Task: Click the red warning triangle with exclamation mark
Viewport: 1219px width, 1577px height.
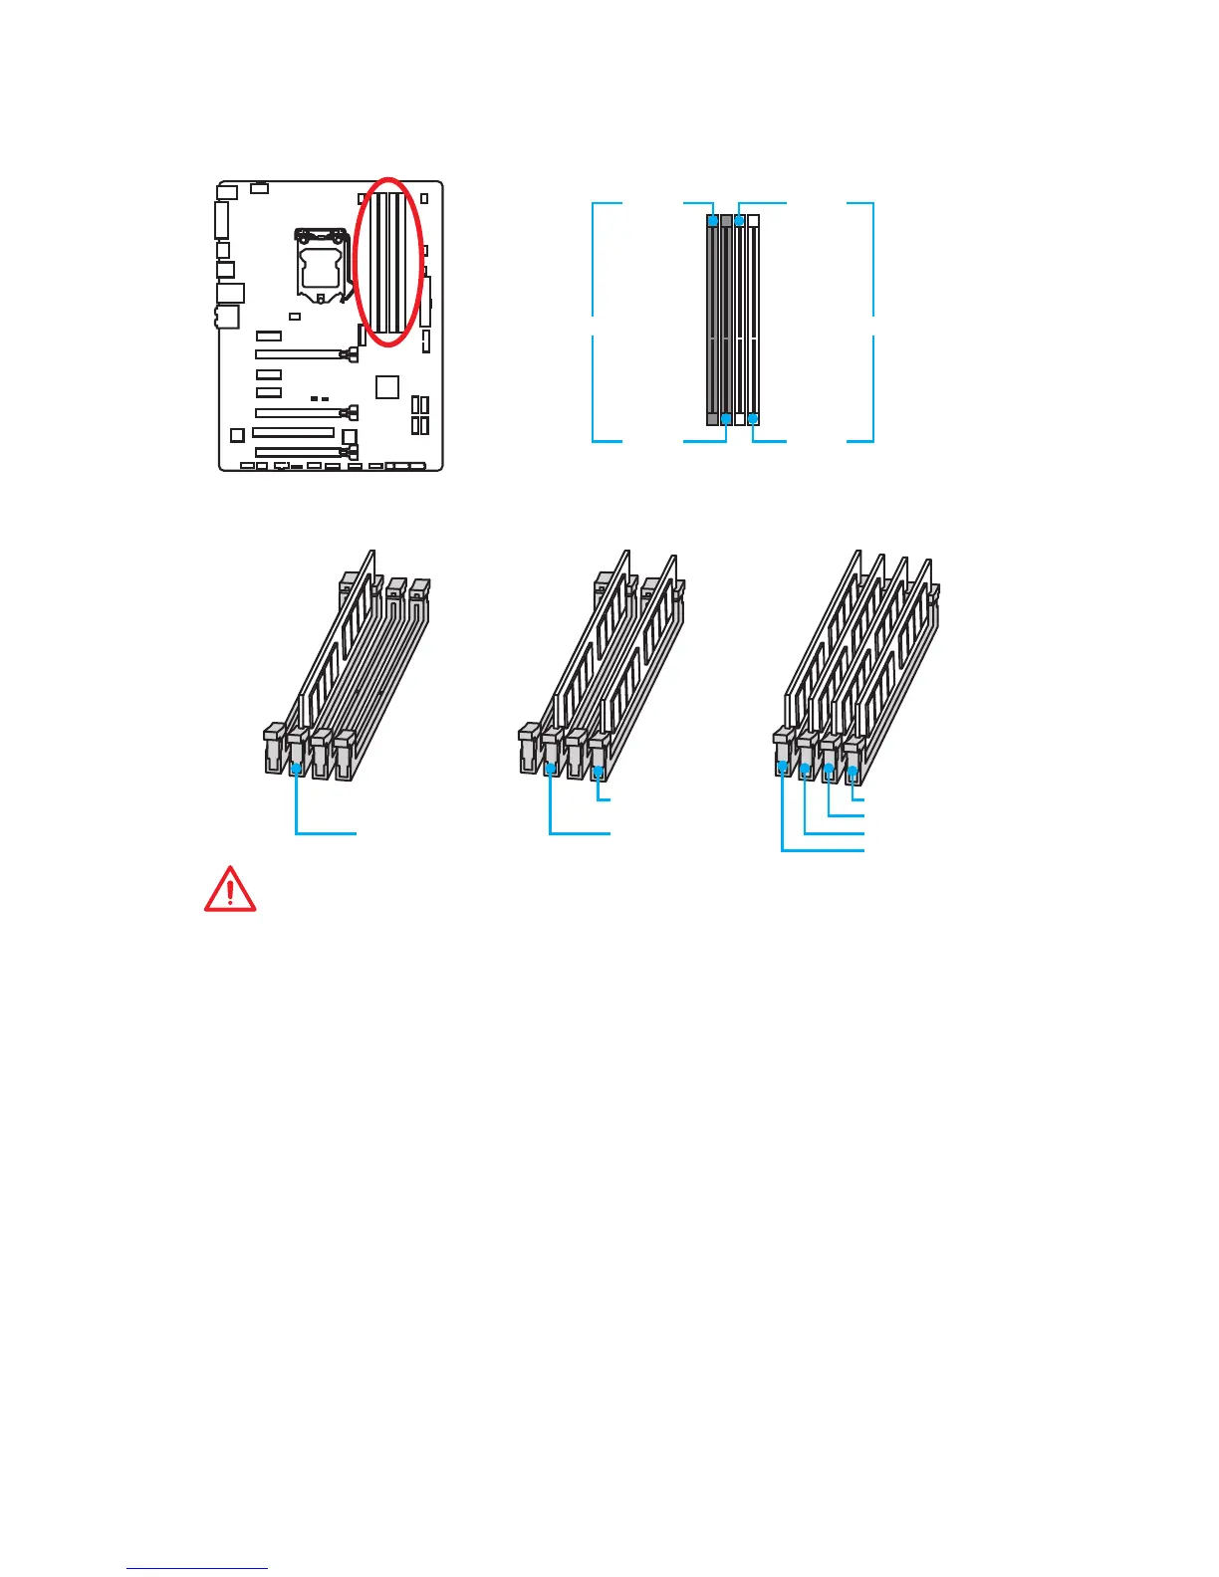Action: (x=230, y=890)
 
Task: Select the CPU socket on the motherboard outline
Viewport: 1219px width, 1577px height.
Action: (x=321, y=263)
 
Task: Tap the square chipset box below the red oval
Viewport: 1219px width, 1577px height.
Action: (x=387, y=386)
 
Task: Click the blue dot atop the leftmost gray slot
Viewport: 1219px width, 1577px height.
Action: (x=713, y=220)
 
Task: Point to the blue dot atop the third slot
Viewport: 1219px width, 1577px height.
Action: (x=739, y=220)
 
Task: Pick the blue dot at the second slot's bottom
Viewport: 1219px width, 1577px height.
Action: (x=726, y=419)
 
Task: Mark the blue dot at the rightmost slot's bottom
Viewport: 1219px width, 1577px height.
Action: (x=753, y=419)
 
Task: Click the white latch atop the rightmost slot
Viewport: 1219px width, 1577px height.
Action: (x=753, y=220)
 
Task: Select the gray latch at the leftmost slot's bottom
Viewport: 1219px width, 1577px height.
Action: (x=713, y=419)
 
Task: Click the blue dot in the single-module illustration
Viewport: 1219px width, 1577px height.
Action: (x=296, y=769)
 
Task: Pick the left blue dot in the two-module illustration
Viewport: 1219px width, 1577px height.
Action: (x=551, y=769)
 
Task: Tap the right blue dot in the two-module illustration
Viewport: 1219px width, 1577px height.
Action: (x=598, y=772)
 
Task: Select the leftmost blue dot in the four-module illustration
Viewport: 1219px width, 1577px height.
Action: (x=782, y=767)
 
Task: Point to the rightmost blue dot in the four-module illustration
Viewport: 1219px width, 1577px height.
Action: (x=853, y=772)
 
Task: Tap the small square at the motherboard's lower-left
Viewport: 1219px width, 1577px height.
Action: (x=237, y=435)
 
